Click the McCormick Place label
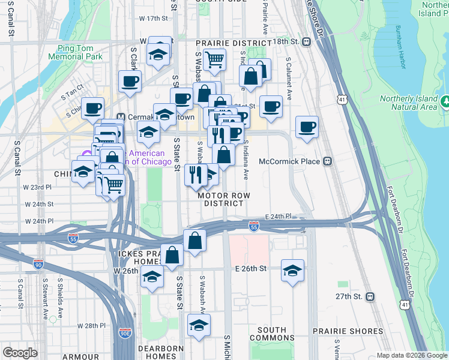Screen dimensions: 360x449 pyautogui.click(x=291, y=161)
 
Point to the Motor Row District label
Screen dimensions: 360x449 pyautogui.click(x=223, y=199)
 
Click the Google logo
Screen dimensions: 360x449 pyautogui.click(x=20, y=353)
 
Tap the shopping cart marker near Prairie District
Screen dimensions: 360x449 pyautogui.click(x=214, y=59)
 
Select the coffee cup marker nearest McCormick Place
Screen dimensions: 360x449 pyautogui.click(x=307, y=127)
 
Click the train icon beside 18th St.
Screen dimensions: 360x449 pyautogui.click(x=306, y=42)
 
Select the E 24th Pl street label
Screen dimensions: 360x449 pyautogui.click(x=278, y=216)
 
